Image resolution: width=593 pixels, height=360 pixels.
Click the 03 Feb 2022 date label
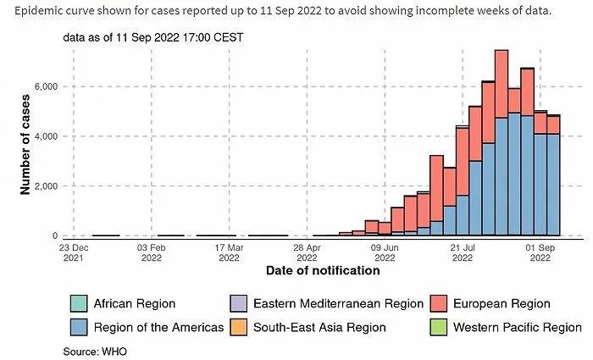coord(151,252)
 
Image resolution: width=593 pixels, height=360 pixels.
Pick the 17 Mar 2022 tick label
coord(229,252)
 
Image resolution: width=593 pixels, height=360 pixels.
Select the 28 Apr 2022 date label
coord(307,252)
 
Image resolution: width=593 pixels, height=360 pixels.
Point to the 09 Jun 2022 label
coord(385,252)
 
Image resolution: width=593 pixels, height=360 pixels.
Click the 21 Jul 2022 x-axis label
coord(463,252)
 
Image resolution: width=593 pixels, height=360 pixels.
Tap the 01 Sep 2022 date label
coord(540,252)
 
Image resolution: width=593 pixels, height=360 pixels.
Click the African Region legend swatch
coord(77,304)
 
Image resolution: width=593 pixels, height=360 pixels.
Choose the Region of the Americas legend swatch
coord(77,327)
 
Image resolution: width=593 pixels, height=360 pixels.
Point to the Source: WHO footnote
coord(92,350)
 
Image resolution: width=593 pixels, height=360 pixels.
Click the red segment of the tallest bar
coord(502,85)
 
